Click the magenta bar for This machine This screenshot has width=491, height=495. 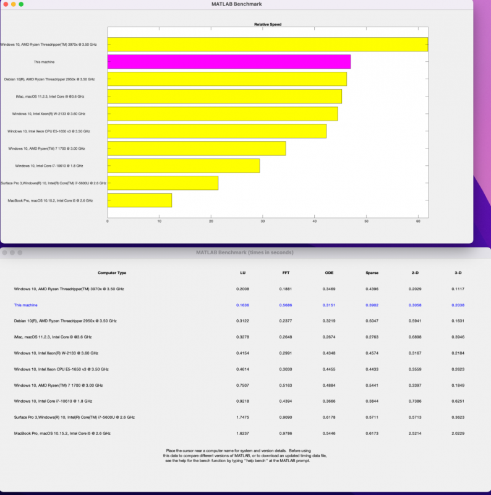(x=229, y=62)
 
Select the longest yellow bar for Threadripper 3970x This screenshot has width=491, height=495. (x=267, y=45)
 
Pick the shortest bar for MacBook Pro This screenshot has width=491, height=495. (x=140, y=200)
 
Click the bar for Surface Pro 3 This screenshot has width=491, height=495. (x=163, y=183)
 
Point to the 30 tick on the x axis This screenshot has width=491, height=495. (x=263, y=221)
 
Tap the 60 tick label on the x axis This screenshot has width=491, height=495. (x=418, y=221)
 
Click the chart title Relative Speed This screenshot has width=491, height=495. (x=267, y=25)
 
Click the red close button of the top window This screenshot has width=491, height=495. (x=4, y=4)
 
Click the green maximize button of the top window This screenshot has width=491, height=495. (x=21, y=4)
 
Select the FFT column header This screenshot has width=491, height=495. (x=286, y=272)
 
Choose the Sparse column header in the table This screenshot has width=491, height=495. (x=372, y=272)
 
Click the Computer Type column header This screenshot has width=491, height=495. (x=112, y=272)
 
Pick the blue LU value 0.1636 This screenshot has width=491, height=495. (x=244, y=305)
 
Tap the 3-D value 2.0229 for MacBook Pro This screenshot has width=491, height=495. (x=458, y=434)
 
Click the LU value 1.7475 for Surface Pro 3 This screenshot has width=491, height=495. (x=244, y=418)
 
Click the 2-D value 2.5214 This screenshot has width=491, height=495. (x=415, y=434)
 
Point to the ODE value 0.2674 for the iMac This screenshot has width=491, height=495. (x=329, y=337)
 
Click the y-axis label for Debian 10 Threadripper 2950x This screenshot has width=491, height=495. (x=53, y=79)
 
